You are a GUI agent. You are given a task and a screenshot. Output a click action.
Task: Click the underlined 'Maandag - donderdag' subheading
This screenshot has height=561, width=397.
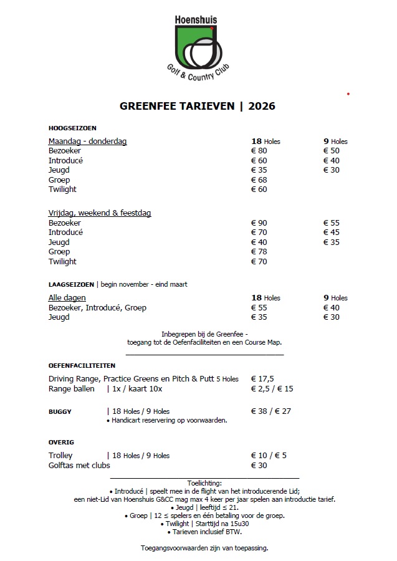coord(87,141)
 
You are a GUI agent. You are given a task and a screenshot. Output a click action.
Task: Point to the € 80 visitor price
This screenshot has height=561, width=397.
coord(259,151)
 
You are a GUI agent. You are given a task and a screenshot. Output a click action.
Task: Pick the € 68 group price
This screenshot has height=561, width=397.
coord(259,180)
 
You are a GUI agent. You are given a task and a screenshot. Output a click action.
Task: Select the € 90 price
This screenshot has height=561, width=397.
coord(259,223)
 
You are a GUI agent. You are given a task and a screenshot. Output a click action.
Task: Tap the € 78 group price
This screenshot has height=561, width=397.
coord(259,252)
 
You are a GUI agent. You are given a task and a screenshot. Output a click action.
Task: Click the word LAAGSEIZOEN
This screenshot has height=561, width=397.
coord(71,284)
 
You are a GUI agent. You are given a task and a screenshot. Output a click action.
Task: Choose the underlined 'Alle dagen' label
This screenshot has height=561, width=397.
coord(67,298)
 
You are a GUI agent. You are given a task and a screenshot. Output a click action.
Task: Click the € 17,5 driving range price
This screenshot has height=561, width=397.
coord(262,378)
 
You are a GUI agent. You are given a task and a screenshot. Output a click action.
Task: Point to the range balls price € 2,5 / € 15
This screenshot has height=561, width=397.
coord(272,388)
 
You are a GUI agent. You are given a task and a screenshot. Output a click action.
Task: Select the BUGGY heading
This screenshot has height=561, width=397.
coord(60,411)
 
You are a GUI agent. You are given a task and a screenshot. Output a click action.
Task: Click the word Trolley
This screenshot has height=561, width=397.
coord(60,456)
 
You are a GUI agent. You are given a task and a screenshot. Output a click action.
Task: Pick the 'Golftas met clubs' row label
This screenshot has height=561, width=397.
coord(79,465)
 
